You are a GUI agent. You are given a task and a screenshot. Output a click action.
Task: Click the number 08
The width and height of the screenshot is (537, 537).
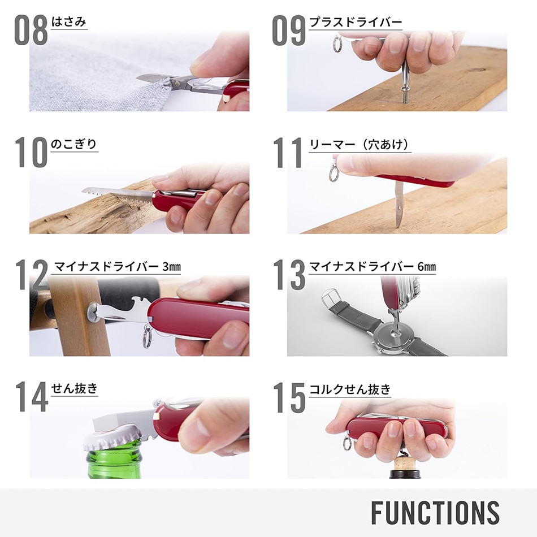[32, 31]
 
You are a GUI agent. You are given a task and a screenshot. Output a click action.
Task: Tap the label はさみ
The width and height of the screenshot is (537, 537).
[69, 22]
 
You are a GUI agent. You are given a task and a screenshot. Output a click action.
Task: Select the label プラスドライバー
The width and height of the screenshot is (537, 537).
[356, 22]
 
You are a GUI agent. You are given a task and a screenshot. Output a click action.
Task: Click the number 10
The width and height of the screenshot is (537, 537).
[32, 153]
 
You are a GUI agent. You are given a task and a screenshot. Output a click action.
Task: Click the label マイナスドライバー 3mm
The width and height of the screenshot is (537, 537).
[117, 266]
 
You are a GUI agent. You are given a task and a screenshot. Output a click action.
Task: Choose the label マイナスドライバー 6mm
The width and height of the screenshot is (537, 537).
[373, 266]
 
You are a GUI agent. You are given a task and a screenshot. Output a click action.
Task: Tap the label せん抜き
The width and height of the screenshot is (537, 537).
[74, 388]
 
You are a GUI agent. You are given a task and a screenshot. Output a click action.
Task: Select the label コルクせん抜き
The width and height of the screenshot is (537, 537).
[350, 389]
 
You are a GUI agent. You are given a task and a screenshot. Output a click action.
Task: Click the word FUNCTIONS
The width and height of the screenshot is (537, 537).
[435, 513]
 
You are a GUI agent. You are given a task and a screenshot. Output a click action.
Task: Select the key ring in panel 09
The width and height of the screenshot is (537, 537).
[337, 44]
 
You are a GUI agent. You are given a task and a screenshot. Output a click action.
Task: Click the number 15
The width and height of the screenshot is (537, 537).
[289, 397]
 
